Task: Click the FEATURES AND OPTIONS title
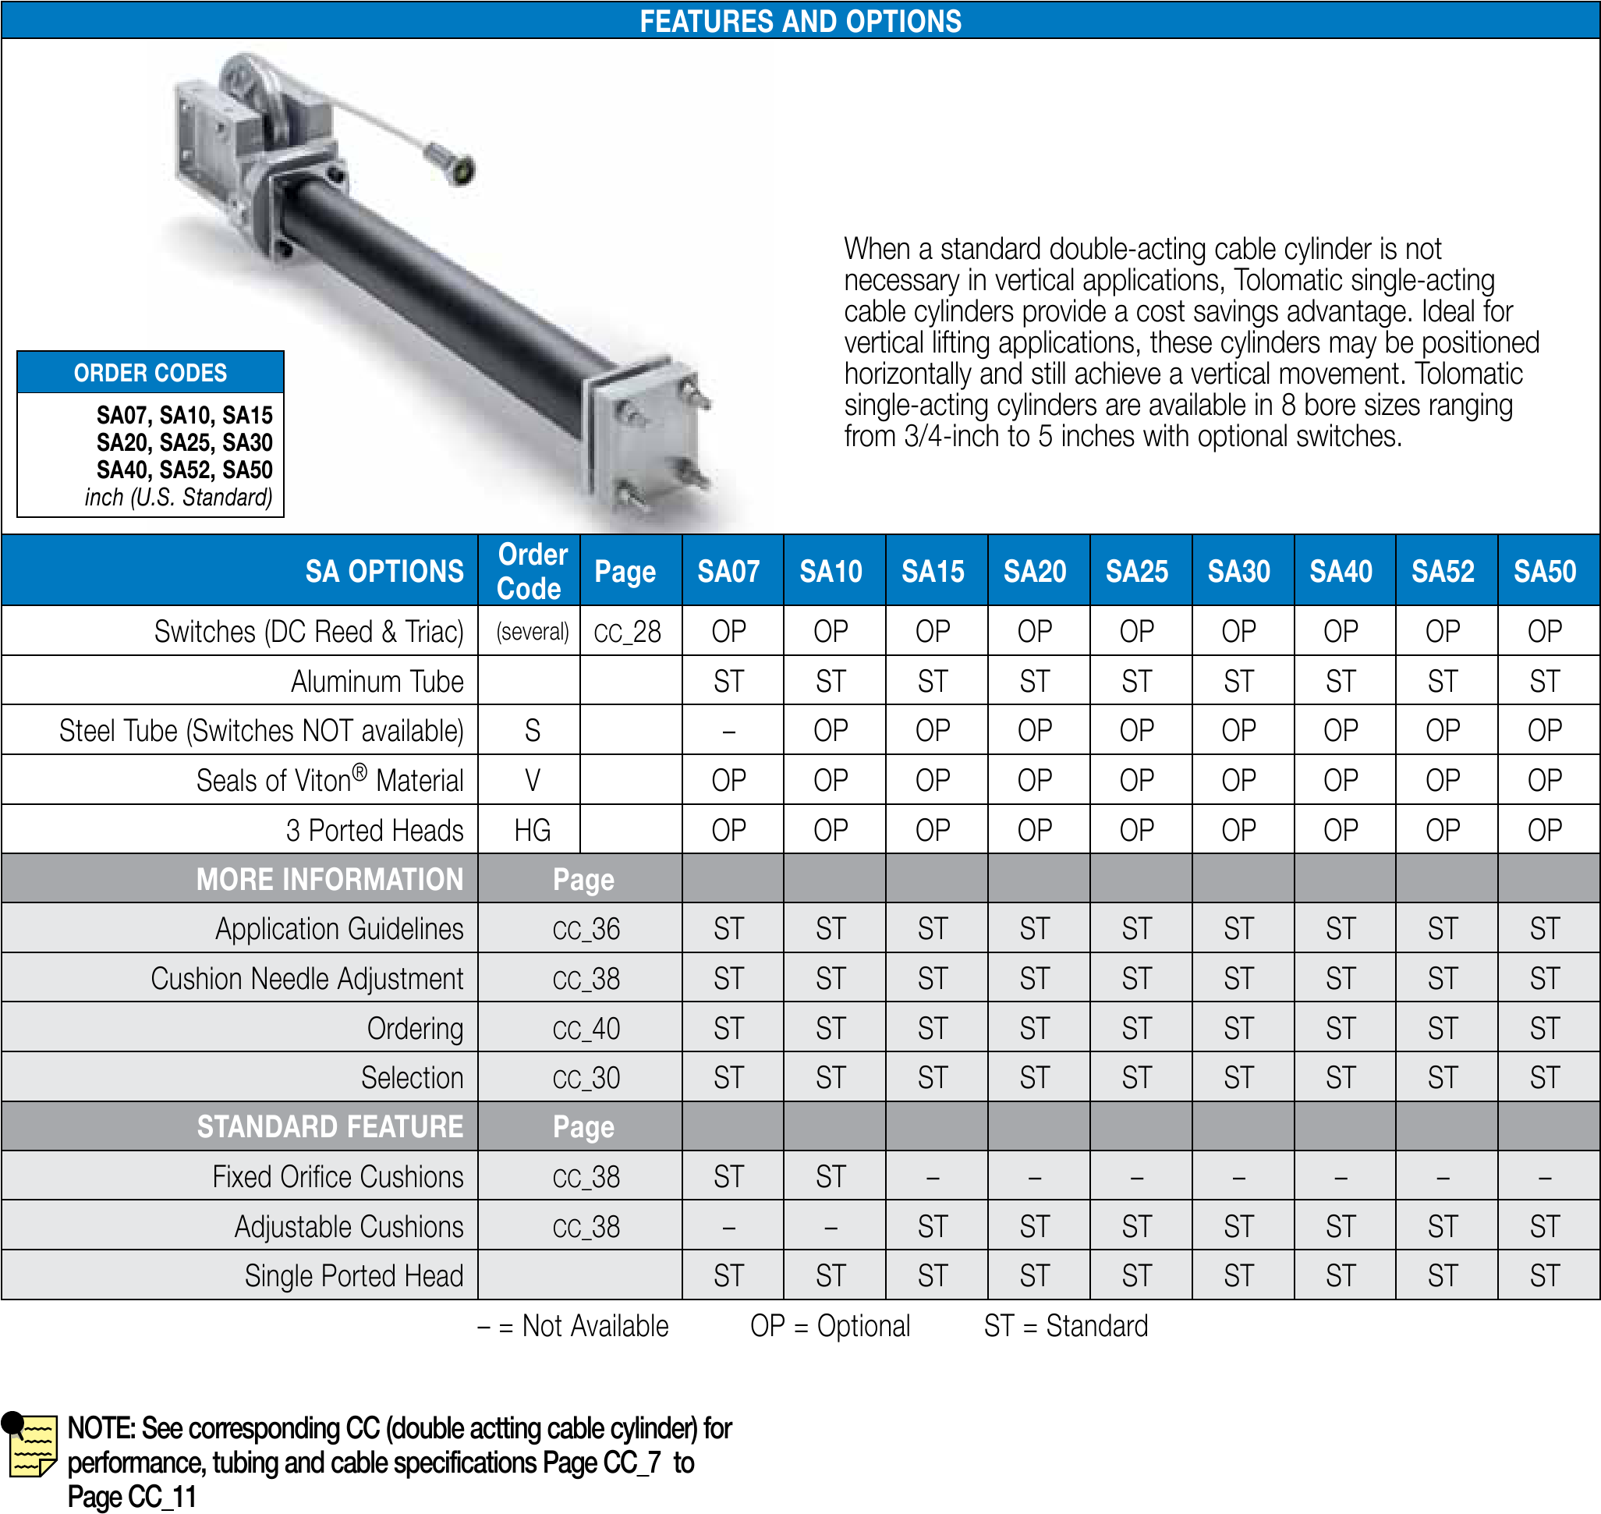coord(799,21)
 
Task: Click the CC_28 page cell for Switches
coord(627,632)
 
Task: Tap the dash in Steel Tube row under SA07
coord(728,731)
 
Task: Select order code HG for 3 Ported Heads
coord(532,831)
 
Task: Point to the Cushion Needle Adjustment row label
coord(306,979)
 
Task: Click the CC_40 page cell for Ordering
coord(586,1029)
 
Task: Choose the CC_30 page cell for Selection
coord(586,1078)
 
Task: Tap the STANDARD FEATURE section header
coord(329,1126)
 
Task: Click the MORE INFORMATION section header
coord(329,880)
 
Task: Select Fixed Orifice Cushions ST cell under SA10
coord(831,1178)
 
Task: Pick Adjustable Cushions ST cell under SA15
coord(932,1227)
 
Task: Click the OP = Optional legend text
coord(830,1326)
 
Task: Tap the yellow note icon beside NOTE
coord(32,1445)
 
